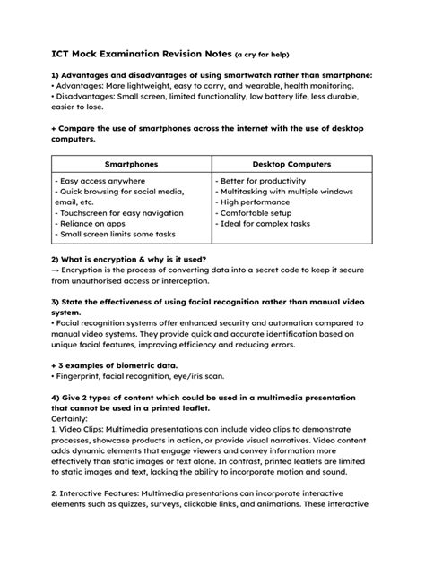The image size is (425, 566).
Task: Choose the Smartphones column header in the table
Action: (x=132, y=165)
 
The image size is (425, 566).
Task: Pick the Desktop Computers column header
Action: (x=291, y=165)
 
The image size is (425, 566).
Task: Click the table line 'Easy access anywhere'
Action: (x=100, y=181)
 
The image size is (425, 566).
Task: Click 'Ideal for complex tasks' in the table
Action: (x=263, y=224)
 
